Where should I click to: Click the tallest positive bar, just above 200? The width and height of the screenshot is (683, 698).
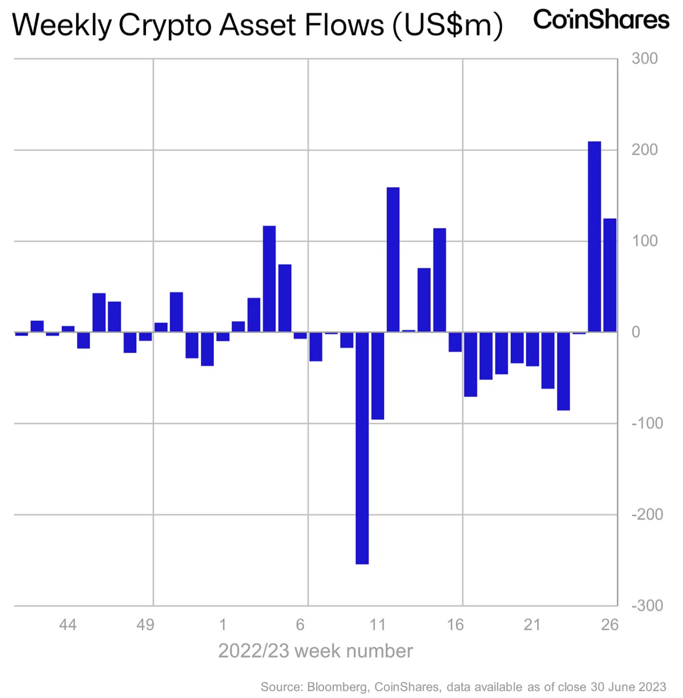tap(594, 237)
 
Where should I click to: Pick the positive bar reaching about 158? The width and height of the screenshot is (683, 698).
tap(393, 259)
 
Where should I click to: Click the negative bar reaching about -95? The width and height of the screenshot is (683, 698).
tap(377, 375)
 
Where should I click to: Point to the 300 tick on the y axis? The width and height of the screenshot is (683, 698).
tap(644, 58)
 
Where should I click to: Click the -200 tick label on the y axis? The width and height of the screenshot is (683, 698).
tap(647, 514)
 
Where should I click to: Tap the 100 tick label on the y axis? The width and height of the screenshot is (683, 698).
tap(644, 241)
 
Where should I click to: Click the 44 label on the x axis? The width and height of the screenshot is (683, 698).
tap(68, 625)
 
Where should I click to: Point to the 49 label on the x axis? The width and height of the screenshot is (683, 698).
tap(145, 625)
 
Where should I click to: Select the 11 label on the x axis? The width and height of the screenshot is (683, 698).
tap(377, 625)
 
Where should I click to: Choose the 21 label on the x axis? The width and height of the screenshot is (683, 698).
tap(532, 625)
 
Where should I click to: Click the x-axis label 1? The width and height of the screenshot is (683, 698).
tap(223, 625)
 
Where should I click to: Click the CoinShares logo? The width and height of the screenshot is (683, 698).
tap(601, 19)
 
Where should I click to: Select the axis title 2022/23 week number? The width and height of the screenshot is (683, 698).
tap(315, 651)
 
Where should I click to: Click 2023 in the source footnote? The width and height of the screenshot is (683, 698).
tap(652, 686)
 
